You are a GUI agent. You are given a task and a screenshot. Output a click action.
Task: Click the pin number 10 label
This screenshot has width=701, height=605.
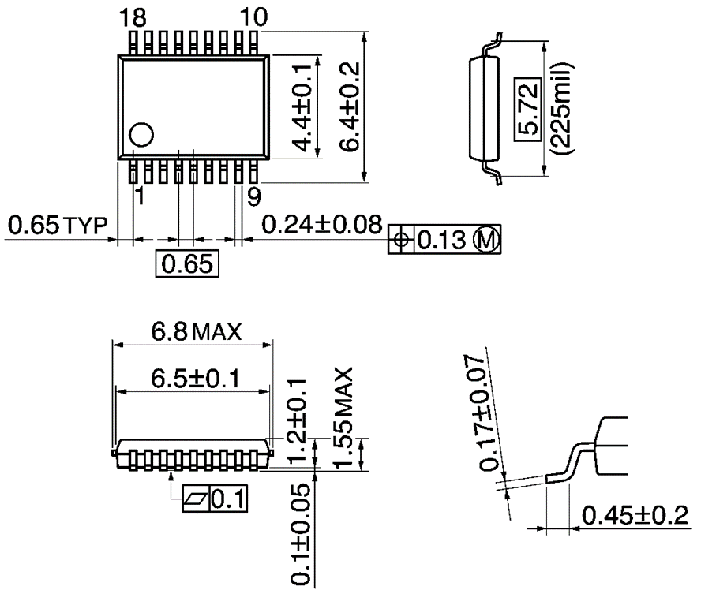pyautogui.click(x=253, y=17)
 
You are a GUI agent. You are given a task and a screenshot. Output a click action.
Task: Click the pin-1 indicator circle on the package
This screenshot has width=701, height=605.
pyautogui.click(x=142, y=135)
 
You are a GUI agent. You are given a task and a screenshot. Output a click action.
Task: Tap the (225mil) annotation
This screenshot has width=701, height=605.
pyautogui.click(x=562, y=109)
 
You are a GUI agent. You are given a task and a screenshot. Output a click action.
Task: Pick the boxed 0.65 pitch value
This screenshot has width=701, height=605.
pyautogui.click(x=186, y=263)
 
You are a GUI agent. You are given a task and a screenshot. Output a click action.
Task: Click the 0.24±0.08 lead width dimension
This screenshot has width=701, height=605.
pyautogui.click(x=322, y=225)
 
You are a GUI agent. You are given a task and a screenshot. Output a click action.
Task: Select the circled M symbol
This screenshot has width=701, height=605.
pyautogui.click(x=486, y=241)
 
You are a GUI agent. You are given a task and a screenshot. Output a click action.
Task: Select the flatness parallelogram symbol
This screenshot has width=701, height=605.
pyautogui.click(x=194, y=499)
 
